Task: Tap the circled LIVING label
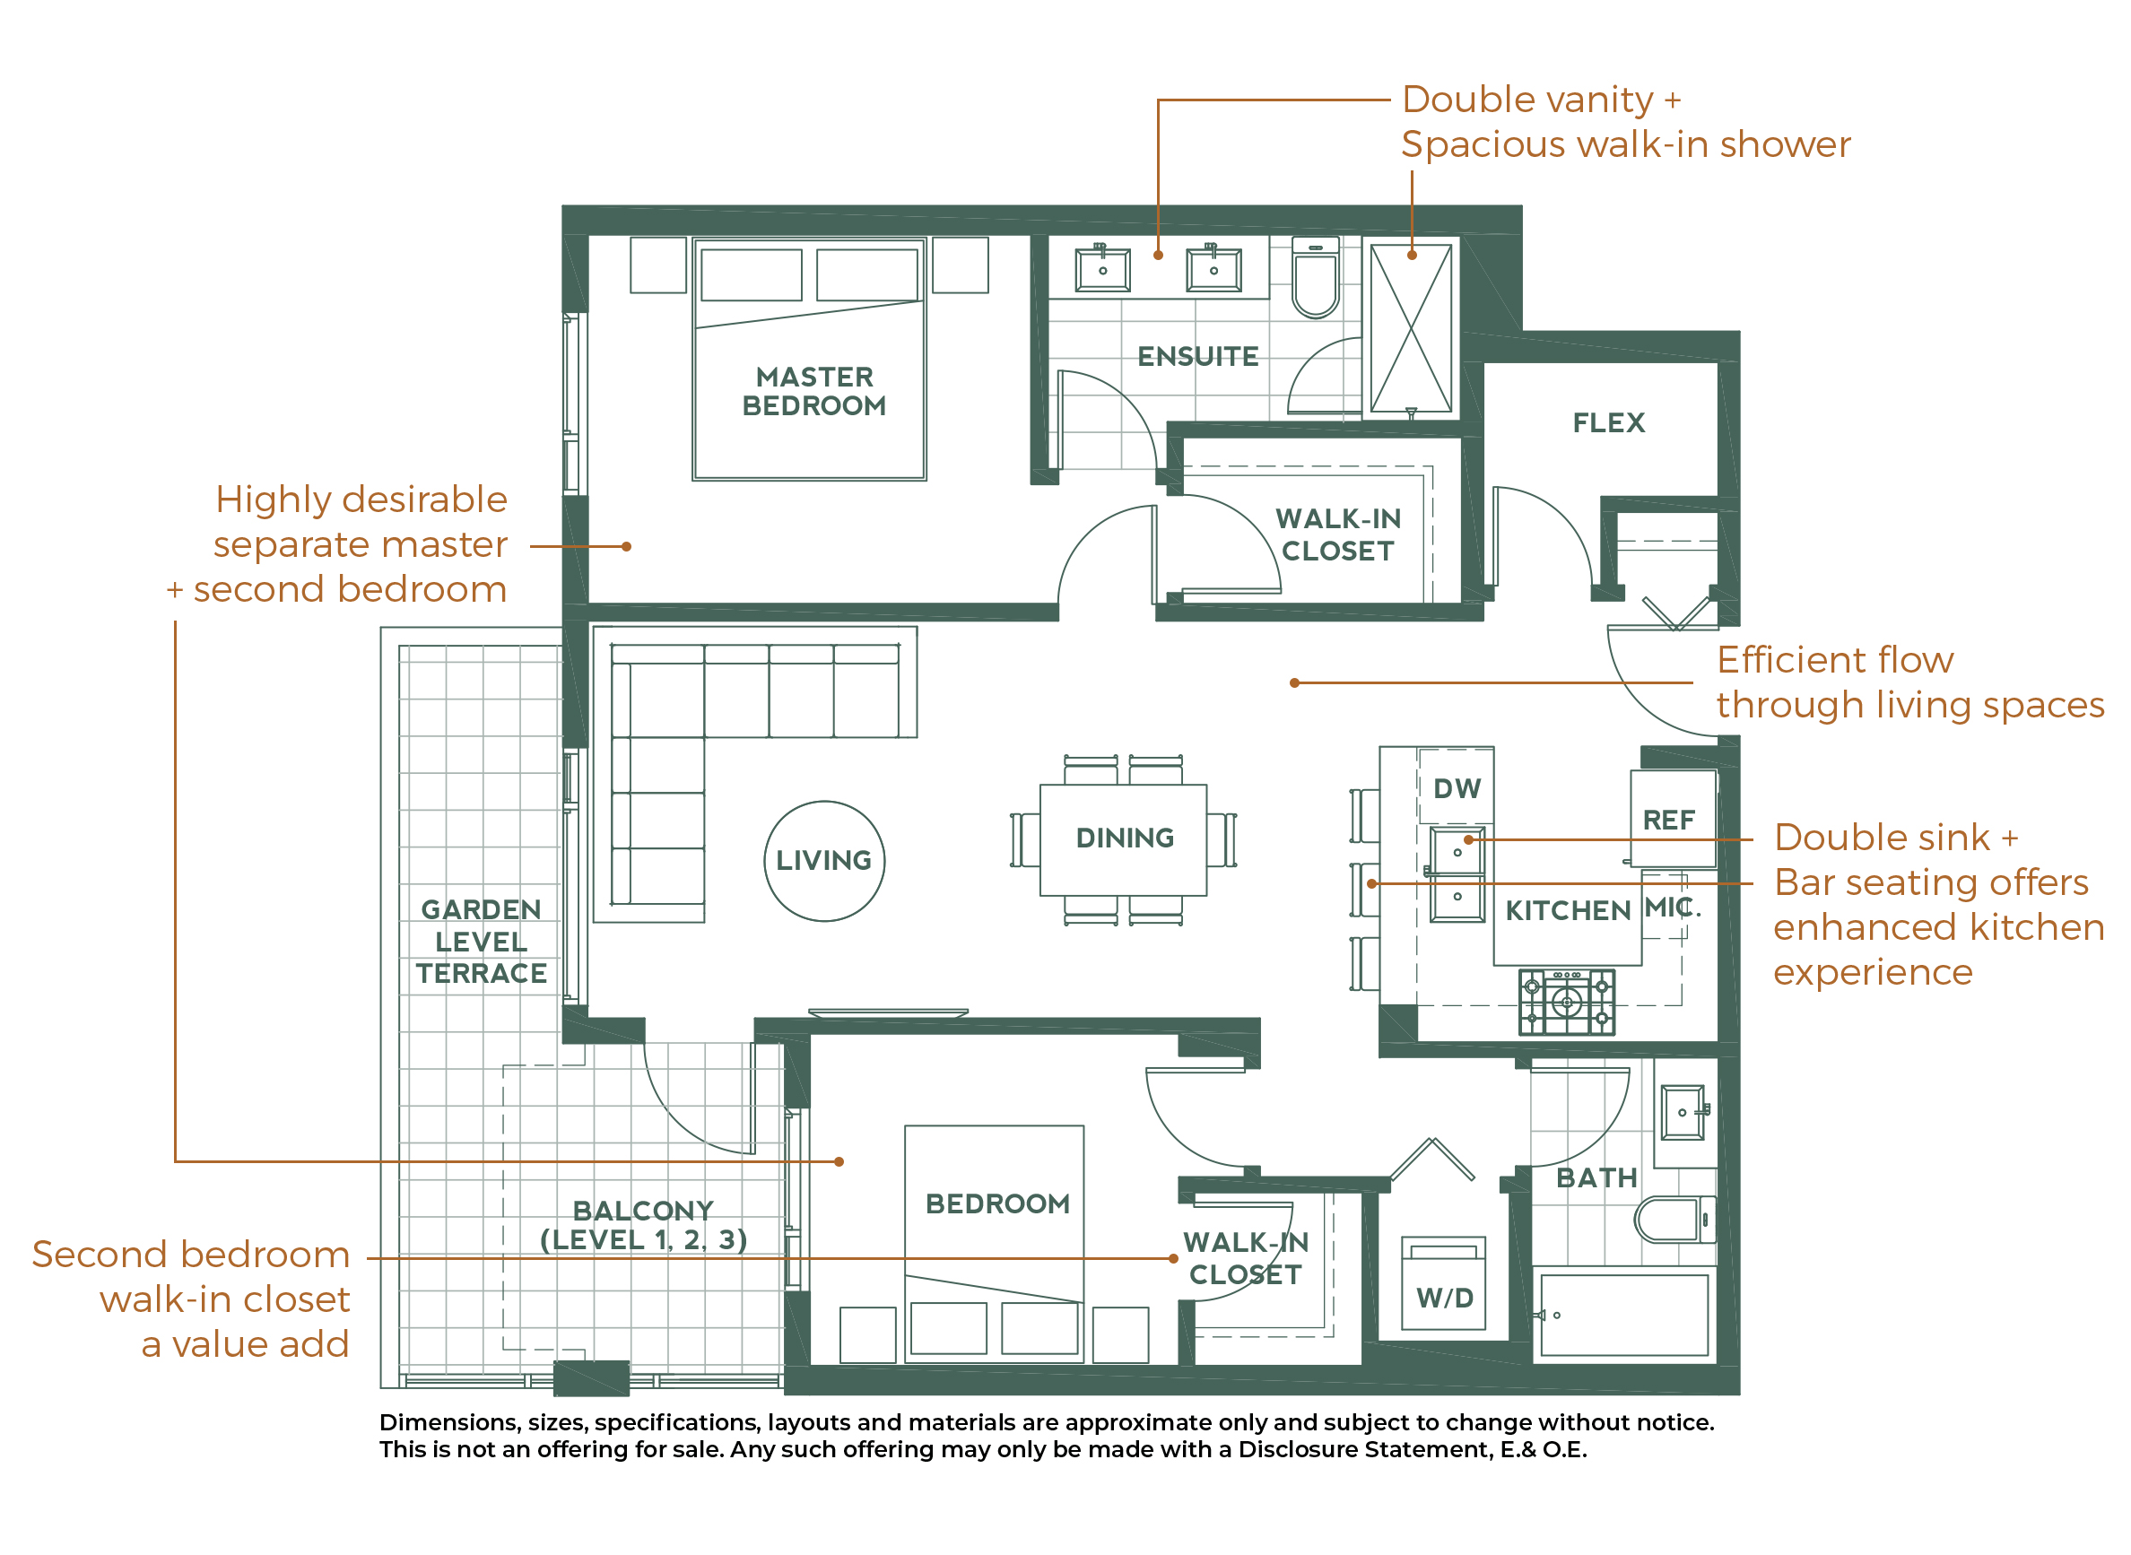tap(823, 860)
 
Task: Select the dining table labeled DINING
tap(1123, 838)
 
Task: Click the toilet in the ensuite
tap(1315, 279)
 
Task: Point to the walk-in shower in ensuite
tap(1410, 327)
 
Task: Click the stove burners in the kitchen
tap(1566, 1002)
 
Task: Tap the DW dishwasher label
tap(1457, 789)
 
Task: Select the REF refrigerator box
tap(1672, 819)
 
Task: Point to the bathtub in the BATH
tap(1622, 1315)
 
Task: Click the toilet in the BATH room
tap(1674, 1219)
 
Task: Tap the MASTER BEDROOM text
tap(814, 392)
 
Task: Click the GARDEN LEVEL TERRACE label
tap(481, 942)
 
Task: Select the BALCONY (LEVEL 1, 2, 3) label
tap(644, 1226)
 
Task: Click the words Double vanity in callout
tap(1526, 100)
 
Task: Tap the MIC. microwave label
tap(1673, 908)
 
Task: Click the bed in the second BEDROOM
tap(994, 1243)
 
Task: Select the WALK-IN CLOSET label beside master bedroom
tap(1337, 534)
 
